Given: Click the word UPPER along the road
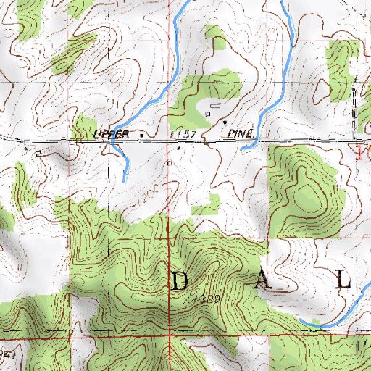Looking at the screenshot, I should [112, 135].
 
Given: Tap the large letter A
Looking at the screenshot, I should [264, 283].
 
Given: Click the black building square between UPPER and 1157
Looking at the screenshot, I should [141, 135].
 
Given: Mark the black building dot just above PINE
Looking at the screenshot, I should [224, 121].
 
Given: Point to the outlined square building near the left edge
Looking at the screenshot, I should [38, 153].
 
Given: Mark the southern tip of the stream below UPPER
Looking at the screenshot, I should [125, 180].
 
